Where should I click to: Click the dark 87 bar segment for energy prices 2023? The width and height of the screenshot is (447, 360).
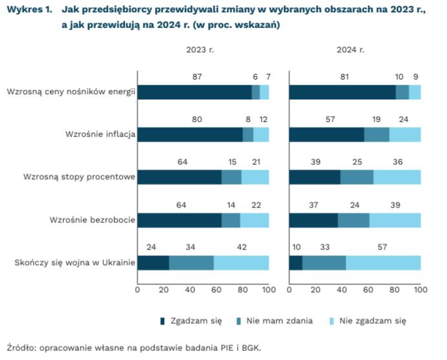click(x=194, y=92)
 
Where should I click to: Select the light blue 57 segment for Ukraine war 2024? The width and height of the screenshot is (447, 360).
click(x=383, y=262)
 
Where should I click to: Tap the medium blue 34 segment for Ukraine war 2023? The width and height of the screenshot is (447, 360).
click(x=191, y=262)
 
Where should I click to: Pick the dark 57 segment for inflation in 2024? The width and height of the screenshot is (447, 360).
click(x=326, y=134)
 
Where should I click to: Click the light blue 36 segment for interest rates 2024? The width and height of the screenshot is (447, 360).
click(x=397, y=177)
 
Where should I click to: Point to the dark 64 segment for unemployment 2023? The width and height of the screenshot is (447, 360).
click(x=179, y=220)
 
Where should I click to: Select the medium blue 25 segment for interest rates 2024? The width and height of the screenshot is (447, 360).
click(x=357, y=177)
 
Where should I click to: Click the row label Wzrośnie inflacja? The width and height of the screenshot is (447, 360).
click(x=100, y=134)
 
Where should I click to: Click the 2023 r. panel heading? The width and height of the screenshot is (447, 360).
click(x=200, y=50)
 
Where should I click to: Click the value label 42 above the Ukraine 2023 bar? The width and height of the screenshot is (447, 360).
click(x=242, y=248)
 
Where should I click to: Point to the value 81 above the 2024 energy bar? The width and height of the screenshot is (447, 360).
click(x=344, y=78)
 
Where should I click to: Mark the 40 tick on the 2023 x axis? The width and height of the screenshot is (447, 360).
click(x=190, y=290)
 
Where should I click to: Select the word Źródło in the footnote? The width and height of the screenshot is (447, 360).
click(x=21, y=346)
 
